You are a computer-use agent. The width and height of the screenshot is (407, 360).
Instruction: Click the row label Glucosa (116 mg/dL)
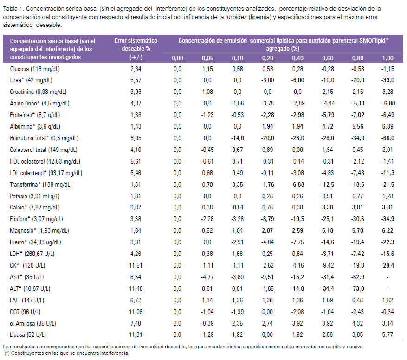(35, 69)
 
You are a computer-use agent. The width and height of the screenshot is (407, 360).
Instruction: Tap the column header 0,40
(297, 58)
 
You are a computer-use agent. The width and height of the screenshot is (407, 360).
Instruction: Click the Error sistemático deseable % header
(136, 49)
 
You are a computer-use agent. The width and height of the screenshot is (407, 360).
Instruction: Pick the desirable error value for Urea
(136, 80)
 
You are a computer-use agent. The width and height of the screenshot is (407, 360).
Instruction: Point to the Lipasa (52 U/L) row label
(28, 335)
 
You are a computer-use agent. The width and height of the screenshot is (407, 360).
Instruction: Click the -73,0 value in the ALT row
(357, 288)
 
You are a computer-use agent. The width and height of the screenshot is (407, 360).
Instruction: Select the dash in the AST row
(388, 277)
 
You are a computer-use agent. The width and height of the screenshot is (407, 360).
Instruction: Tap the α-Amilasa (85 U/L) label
(32, 323)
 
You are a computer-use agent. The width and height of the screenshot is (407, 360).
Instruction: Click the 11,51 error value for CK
(136, 265)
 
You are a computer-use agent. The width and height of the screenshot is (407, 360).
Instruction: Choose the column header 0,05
(207, 58)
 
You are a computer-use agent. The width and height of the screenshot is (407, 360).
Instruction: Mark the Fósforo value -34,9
(388, 219)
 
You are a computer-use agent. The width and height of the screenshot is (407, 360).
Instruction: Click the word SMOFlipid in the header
(374, 40)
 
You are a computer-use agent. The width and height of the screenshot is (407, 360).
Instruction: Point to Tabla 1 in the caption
(13, 8)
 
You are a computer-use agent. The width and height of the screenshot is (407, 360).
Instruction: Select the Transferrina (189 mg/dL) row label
(41, 185)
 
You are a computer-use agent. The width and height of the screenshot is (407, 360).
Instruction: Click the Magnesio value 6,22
(388, 231)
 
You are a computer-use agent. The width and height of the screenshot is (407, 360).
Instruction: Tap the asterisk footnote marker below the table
(7, 353)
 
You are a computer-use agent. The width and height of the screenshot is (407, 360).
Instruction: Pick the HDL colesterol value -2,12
(357, 162)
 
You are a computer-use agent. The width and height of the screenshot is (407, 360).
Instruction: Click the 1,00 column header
(388, 58)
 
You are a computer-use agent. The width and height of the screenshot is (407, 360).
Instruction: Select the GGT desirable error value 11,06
(136, 312)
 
